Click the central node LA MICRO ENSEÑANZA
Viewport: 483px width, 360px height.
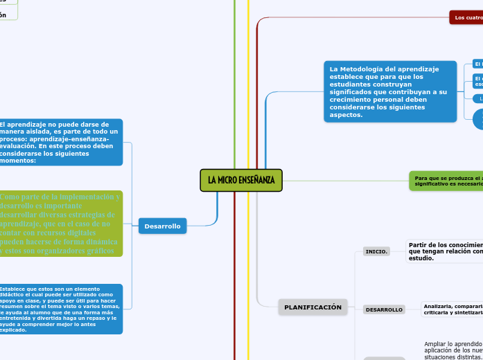coord(241,180)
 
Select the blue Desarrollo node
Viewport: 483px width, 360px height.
coord(162,226)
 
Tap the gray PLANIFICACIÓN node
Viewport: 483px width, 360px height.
coord(313,307)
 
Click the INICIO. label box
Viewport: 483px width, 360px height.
coord(376,251)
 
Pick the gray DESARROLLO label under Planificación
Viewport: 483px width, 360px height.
coord(384,309)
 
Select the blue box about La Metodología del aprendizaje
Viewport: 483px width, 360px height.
coord(390,91)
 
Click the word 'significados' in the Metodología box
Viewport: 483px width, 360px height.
coord(352,91)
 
